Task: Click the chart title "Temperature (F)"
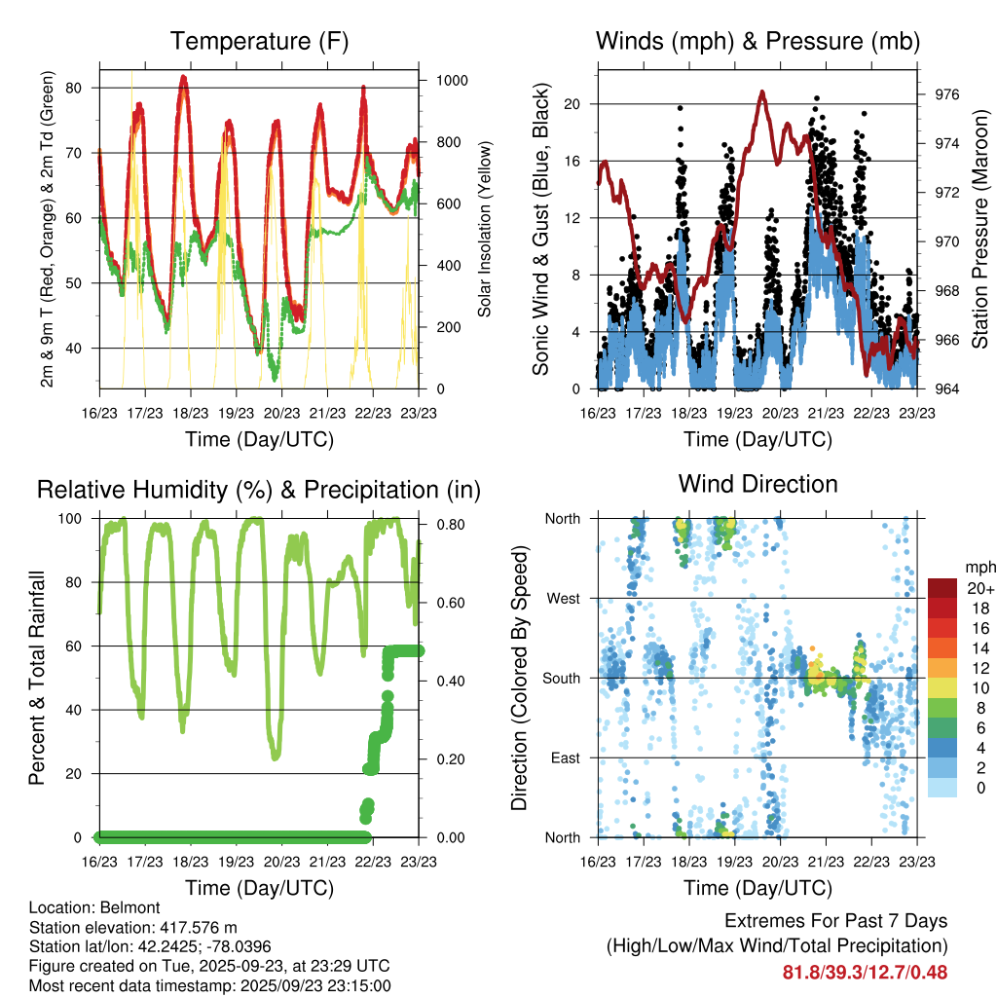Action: (258, 41)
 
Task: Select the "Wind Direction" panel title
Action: (757, 484)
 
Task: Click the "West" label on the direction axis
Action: (564, 598)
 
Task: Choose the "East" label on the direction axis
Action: (566, 757)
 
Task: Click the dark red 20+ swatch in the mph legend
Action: (942, 588)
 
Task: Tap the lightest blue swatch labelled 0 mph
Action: (942, 787)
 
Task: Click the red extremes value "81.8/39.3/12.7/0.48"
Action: (866, 972)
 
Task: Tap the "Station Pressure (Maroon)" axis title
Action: (980, 229)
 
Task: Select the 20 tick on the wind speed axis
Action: (572, 104)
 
